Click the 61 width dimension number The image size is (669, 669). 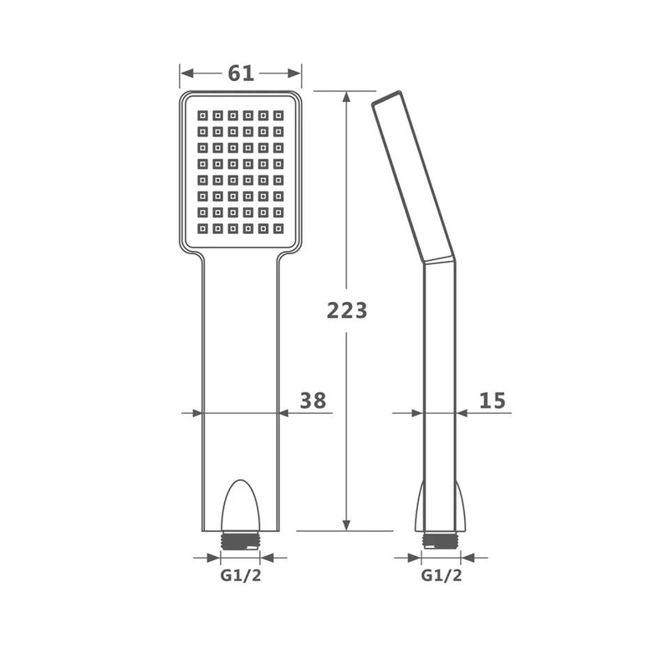tap(241, 74)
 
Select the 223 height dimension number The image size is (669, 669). tap(347, 310)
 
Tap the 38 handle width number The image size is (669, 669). tap(313, 401)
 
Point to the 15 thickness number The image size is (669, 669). tap(493, 401)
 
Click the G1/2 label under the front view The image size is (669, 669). tap(241, 575)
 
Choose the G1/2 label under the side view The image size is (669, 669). tap(442, 575)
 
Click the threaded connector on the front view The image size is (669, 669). tap(240, 540)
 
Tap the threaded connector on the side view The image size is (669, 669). tap(441, 540)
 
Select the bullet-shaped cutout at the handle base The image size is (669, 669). tap(241, 505)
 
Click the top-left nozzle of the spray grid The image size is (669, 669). tap(202, 115)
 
